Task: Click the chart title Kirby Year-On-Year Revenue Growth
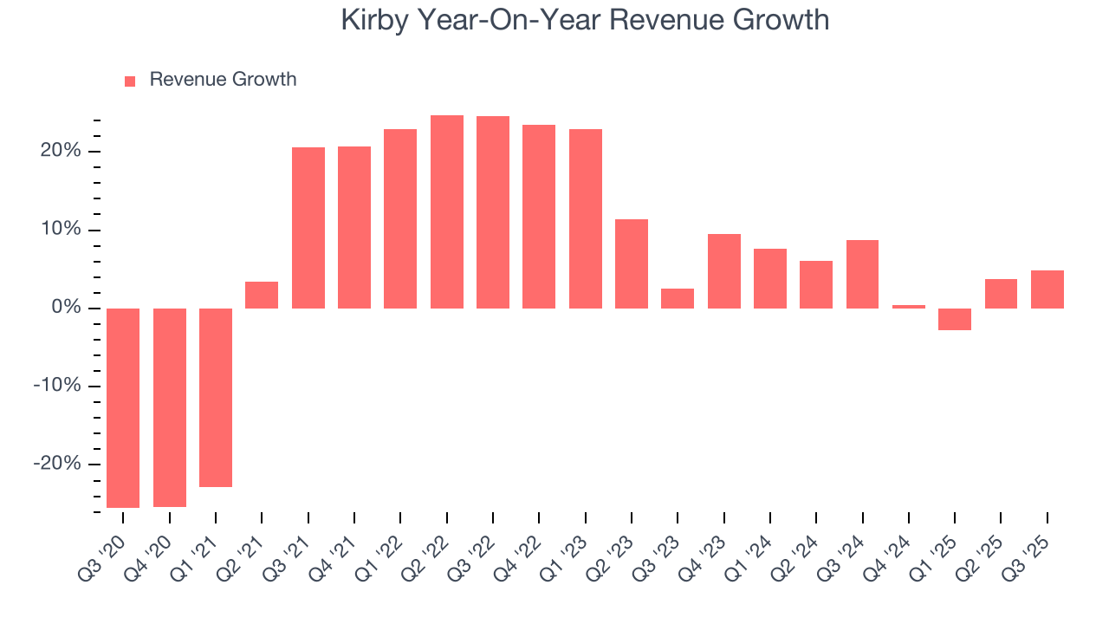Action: pyautogui.click(x=585, y=20)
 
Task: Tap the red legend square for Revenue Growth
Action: pyautogui.click(x=130, y=81)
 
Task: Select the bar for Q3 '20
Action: pyautogui.click(x=123, y=407)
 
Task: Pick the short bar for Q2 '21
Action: pyautogui.click(x=262, y=295)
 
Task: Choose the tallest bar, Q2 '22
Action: pyautogui.click(x=447, y=211)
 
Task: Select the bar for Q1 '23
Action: pyautogui.click(x=586, y=218)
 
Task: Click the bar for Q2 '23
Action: pyautogui.click(x=632, y=263)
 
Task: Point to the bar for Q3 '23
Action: pyautogui.click(x=678, y=298)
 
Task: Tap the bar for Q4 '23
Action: pyautogui.click(x=724, y=270)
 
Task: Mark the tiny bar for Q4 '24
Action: pyautogui.click(x=909, y=306)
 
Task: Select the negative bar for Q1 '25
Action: pyautogui.click(x=955, y=319)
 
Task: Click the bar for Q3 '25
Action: pyautogui.click(x=1047, y=289)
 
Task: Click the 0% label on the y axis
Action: pyautogui.click(x=68, y=308)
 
